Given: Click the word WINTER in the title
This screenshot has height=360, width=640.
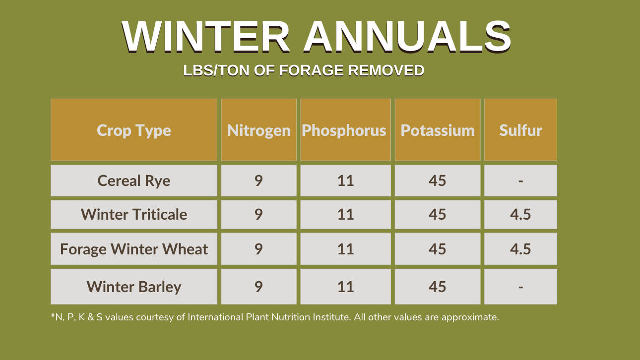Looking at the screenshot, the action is pos(206,37).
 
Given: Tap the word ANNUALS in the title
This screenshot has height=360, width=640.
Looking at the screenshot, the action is pos(407,37).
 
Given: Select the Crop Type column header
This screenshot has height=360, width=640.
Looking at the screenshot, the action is pos(134,130).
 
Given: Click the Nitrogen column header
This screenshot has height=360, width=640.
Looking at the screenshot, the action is pos(258,131).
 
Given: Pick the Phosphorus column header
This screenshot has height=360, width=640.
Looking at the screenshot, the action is pos(344,130).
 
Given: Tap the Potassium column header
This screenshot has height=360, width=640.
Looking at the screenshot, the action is pos(438,130).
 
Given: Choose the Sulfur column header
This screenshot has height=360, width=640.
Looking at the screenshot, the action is pos(520,130).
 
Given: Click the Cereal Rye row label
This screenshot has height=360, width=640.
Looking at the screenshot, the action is pos(134,181).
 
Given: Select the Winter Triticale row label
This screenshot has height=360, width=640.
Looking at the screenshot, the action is pos(134,214).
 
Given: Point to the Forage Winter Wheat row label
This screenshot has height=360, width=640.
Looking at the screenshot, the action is pos(134,249).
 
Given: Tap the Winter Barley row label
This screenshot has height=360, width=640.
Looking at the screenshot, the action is pos(134,287).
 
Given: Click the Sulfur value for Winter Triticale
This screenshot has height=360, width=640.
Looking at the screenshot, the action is pos(520,214).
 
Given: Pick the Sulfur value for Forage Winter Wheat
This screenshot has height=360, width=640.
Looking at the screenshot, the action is pos(520,249).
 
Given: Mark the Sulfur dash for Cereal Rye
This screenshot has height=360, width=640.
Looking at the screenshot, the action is pos(520,181).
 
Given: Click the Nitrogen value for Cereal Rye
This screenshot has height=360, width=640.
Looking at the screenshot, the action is pos(258,180).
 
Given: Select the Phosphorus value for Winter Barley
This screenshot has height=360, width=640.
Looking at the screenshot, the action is pos(345,287).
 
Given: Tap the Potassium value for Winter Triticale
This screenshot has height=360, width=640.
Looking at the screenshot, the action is pos(438,214).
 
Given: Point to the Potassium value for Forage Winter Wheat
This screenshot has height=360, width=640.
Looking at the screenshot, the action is pos(438,249).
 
